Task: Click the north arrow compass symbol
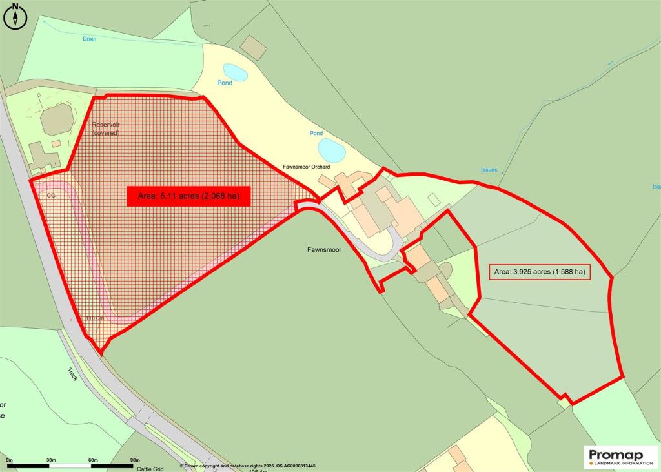point(15,16)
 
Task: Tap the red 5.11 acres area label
point(188,196)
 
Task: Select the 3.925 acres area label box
point(540,272)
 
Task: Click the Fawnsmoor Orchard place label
point(307,167)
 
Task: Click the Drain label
point(89,39)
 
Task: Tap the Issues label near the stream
point(489,170)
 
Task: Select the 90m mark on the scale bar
point(135,460)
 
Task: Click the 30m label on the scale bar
point(51,460)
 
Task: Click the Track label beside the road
point(72,374)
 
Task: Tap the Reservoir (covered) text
point(107,128)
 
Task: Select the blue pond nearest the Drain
point(235,72)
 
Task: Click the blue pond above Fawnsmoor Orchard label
point(331,150)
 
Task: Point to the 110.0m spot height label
point(95,318)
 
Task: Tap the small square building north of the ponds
point(254,48)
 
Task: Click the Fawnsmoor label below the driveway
point(324,248)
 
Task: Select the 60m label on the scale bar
point(93,460)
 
